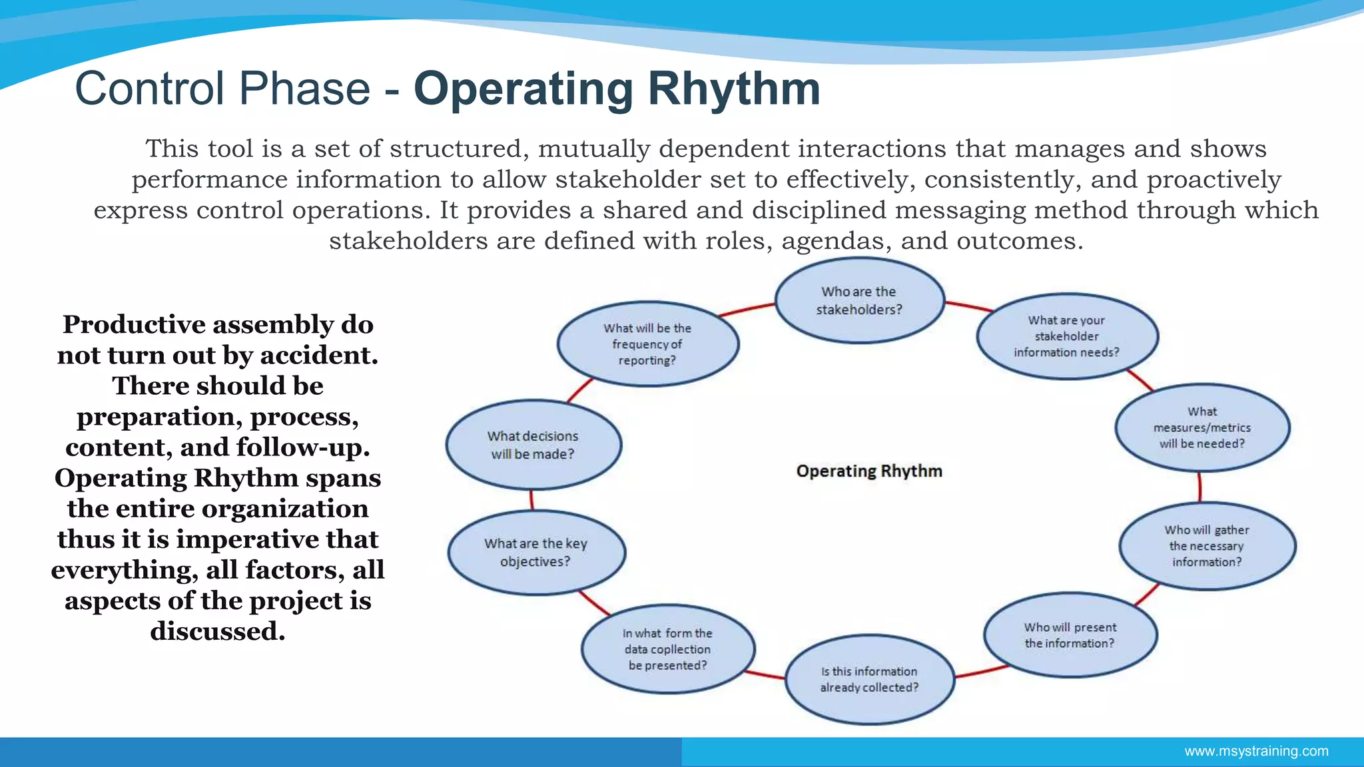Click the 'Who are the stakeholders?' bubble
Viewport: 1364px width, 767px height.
[859, 300]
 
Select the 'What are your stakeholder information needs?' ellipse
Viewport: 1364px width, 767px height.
[1067, 336]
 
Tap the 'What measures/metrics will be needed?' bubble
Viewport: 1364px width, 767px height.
[1202, 427]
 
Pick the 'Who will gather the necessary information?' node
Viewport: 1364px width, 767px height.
[1207, 546]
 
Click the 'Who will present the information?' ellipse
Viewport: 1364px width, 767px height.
[1070, 635]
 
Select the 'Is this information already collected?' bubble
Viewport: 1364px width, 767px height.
[869, 679]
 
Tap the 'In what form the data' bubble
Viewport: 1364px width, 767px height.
[668, 649]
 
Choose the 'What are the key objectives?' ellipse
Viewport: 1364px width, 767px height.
[536, 552]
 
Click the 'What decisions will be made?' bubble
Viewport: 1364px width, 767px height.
[533, 445]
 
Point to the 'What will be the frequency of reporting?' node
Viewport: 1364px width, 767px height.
[647, 344]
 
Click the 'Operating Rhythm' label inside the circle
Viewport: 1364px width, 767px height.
[869, 471]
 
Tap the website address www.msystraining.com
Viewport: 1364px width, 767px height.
[1256, 751]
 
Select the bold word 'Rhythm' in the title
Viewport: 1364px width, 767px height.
[734, 89]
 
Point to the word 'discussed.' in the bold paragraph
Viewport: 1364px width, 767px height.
[218, 631]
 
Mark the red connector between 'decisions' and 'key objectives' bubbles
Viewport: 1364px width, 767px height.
[531, 500]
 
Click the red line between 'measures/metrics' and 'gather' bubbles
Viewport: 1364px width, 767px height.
[1199, 487]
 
